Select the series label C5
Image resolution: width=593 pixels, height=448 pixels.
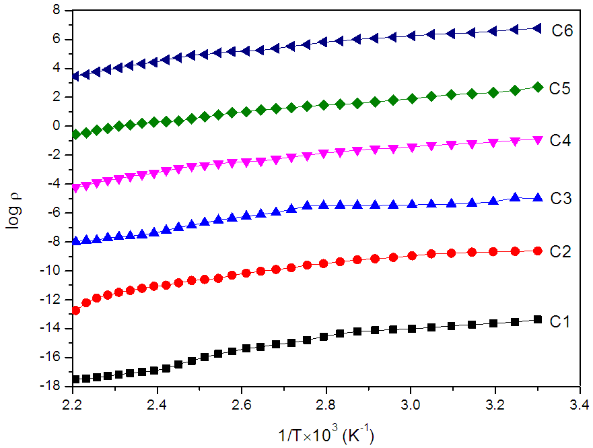tap(560, 88)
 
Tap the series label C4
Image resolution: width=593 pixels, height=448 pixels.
tap(560, 141)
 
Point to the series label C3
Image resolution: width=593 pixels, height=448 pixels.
tap(560, 199)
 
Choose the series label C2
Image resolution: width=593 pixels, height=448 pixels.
tap(560, 251)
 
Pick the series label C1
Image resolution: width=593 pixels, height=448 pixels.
tap(560, 323)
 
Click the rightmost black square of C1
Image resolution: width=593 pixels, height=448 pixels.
tap(537, 319)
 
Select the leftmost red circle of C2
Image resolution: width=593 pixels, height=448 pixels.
tap(75, 311)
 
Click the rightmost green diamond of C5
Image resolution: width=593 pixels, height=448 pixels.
tap(537, 87)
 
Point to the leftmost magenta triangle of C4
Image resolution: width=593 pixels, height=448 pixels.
tap(75, 189)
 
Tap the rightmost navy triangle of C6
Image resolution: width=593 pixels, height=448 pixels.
tap(536, 28)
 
